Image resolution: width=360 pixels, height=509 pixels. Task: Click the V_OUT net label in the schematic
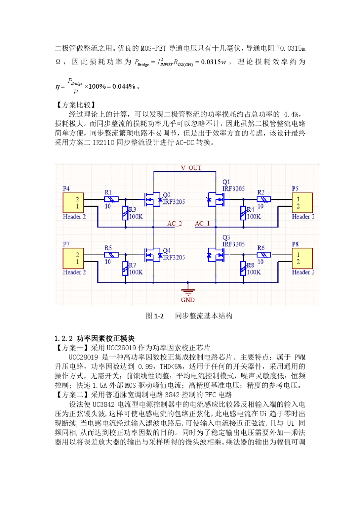(x=191, y=168)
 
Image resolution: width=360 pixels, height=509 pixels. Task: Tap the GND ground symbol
(x=188, y=292)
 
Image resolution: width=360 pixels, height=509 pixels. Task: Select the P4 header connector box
(x=73, y=203)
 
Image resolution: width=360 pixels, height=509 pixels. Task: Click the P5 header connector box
(x=302, y=203)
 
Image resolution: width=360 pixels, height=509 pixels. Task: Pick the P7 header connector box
(x=73, y=258)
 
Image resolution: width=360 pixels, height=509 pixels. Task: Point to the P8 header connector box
(x=302, y=258)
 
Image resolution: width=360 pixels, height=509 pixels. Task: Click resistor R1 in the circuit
(x=111, y=199)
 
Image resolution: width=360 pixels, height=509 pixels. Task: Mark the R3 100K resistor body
(x=125, y=213)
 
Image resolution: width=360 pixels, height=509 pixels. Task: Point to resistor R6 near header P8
(x=264, y=254)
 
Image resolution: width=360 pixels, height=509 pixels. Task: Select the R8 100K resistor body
(x=243, y=269)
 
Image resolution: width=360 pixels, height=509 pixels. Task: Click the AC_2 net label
(x=174, y=223)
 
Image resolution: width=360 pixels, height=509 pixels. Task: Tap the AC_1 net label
(x=202, y=223)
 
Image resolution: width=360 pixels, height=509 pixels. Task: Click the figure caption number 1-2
(x=159, y=316)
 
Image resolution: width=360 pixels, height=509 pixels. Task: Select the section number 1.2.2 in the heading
(x=63, y=339)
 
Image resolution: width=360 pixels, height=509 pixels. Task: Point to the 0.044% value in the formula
(x=124, y=86)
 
